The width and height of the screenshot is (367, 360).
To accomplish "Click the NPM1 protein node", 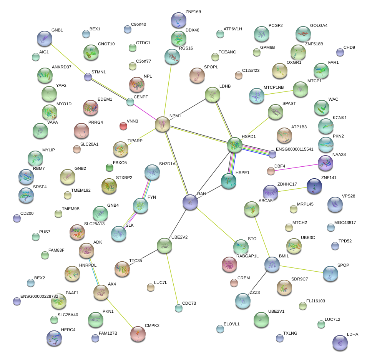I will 163,124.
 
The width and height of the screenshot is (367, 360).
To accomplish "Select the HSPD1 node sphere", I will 235,145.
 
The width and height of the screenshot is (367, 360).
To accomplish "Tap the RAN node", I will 190,202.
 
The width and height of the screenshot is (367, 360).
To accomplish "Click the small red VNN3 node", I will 123,126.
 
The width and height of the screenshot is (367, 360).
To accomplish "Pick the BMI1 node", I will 272,265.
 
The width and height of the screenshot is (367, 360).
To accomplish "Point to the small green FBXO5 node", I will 110,168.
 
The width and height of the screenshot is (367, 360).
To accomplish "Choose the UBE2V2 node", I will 164,246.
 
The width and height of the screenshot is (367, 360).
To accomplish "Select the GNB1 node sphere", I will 45,38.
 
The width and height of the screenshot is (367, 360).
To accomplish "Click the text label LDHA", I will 352,334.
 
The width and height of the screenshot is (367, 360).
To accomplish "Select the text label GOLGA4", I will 319,26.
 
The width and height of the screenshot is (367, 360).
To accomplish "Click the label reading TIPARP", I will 135,141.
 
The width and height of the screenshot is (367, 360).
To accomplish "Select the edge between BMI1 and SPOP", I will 301,269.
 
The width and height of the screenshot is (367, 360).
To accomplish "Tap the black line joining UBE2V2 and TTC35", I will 144,257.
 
